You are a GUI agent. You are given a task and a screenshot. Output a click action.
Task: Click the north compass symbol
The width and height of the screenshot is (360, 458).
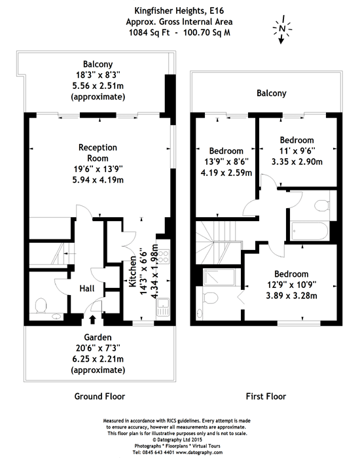click(281, 29)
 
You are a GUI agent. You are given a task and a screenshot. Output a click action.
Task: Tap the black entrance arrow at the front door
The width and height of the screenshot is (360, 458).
click(92, 319)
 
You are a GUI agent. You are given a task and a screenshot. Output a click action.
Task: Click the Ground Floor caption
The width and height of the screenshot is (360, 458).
click(99, 396)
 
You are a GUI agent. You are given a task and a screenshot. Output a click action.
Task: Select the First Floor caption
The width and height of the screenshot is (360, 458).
click(266, 396)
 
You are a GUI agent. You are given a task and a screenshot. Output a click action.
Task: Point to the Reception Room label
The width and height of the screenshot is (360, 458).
click(98, 152)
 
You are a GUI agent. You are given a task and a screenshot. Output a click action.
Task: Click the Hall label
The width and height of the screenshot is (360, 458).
click(87, 289)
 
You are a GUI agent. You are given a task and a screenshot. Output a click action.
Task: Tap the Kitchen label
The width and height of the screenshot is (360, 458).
click(133, 272)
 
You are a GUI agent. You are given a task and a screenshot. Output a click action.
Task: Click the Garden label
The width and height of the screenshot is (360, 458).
click(98, 338)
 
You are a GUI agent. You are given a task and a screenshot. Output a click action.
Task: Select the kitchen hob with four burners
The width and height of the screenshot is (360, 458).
click(163, 256)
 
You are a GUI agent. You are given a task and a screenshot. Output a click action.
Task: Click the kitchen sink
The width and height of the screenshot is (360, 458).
click(162, 308)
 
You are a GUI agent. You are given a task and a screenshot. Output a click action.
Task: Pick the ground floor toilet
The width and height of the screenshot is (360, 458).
click(41, 306)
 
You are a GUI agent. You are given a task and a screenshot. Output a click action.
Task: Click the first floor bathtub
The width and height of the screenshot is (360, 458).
click(310, 232)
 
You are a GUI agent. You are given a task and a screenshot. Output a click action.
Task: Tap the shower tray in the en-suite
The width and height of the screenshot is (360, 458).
click(219, 277)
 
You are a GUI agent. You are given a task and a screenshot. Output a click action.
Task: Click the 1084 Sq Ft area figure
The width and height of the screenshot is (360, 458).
click(149, 33)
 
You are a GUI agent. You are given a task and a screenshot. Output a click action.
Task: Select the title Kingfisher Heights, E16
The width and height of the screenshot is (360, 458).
click(179, 11)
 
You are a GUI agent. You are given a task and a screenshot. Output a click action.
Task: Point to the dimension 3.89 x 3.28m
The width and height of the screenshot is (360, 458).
click(291, 296)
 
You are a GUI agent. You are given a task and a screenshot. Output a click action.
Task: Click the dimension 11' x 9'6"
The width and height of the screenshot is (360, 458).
click(297, 150)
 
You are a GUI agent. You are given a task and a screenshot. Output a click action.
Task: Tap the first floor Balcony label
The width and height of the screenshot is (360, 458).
click(272, 93)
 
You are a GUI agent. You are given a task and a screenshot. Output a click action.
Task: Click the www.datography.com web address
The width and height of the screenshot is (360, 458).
click(199, 452)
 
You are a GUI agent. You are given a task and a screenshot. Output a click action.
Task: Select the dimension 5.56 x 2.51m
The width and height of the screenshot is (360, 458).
click(98, 86)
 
